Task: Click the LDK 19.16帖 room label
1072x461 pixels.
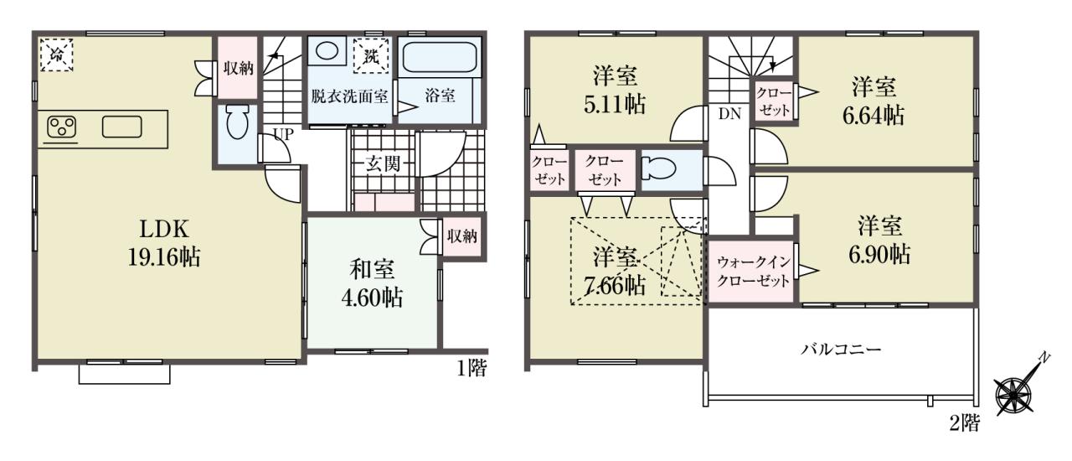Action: click(163, 243)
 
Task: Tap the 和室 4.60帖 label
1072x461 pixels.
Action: click(372, 283)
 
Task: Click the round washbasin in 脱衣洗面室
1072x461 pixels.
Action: click(327, 51)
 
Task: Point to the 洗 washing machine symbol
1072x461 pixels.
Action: click(370, 55)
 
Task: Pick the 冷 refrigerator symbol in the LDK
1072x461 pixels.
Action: click(56, 54)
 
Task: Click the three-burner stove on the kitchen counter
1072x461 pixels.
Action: click(62, 127)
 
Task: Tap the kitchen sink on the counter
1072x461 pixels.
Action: click(122, 127)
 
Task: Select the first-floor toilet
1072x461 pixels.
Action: click(237, 122)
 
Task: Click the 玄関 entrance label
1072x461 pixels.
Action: click(383, 164)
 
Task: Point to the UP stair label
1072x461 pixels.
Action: click(283, 135)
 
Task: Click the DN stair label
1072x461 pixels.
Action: click(729, 114)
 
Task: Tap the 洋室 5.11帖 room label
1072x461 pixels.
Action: click(615, 91)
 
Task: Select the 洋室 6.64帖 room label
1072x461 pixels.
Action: click(874, 102)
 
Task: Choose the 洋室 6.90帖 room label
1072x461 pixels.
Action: click(879, 241)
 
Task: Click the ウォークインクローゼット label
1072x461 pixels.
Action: click(753, 272)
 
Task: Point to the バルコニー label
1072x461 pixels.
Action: click(841, 349)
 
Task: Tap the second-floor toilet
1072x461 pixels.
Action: click(659, 169)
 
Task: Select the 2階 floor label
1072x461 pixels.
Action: click(964, 423)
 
